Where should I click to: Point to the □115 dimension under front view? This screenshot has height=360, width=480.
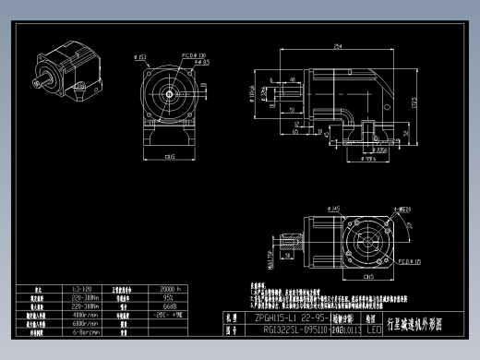point(170,157)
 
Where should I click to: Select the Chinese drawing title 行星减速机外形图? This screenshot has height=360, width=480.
point(425,323)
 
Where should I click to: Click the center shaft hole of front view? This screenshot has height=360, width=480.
point(171,93)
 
